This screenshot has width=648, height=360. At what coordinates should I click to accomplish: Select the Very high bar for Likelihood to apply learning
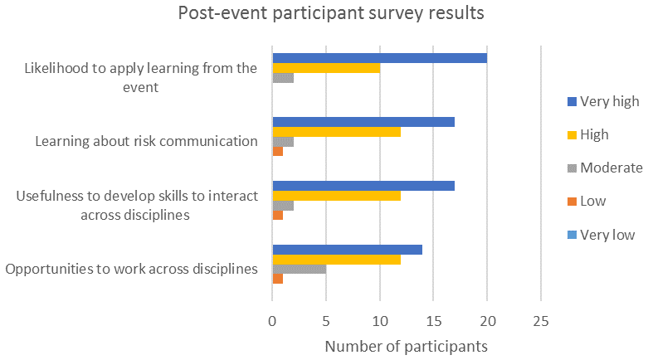pos(379,58)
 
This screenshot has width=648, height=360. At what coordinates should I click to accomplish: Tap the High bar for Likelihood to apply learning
pos(326,68)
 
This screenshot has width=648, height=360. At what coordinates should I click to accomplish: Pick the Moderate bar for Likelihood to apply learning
pos(283,78)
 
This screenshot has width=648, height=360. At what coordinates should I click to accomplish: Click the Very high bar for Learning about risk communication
pos(363,122)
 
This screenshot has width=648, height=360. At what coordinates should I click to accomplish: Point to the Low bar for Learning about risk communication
pos(278,152)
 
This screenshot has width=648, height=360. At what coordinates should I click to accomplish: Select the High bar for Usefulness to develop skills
pos(337,196)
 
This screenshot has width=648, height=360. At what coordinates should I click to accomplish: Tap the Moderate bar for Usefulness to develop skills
pos(283,206)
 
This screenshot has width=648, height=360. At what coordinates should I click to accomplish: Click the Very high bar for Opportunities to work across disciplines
pos(348,250)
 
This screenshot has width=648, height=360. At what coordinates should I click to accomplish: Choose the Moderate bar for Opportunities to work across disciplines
pos(300,269)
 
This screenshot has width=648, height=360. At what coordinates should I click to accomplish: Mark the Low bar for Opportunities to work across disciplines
pos(278,279)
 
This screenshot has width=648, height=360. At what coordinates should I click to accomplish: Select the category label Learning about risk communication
pos(147,141)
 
